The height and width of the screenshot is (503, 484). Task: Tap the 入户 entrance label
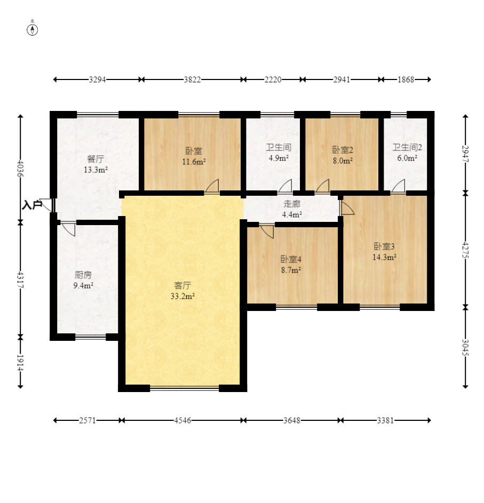32,205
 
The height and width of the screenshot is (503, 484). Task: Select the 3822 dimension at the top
192,79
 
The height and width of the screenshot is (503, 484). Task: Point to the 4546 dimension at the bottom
183,420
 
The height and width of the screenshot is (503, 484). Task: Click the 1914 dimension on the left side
20,363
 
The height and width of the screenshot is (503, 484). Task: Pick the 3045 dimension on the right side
465,347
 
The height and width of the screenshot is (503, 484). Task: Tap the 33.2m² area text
183,296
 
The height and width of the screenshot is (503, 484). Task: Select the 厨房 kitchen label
83,275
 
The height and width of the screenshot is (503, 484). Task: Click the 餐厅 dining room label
96,159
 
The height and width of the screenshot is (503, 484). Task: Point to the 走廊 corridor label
292,204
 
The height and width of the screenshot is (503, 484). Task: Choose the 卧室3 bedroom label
384,246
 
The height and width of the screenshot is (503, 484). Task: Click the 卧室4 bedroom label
291,259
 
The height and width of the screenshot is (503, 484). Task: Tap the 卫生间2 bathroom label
407,147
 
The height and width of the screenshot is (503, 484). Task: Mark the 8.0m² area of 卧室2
343,161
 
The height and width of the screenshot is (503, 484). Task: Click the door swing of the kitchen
69,229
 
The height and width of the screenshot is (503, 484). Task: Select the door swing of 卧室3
347,207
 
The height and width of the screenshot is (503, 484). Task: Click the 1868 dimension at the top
406,79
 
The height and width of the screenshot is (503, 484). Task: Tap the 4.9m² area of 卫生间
278,158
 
